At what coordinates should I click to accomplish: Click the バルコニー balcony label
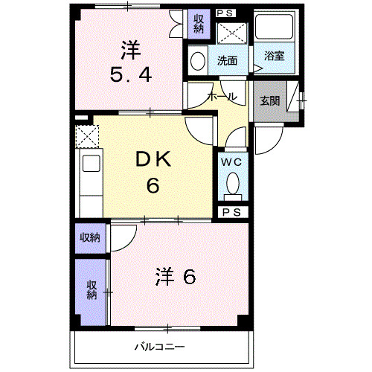[x=159, y=346]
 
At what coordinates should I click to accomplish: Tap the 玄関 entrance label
[x=270, y=101]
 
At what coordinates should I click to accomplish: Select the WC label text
[x=231, y=160]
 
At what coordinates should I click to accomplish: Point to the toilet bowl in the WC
[x=231, y=182]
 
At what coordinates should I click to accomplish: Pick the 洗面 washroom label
[x=228, y=60]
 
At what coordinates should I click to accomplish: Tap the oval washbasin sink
[x=197, y=61]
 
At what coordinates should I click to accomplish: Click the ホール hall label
[x=222, y=97]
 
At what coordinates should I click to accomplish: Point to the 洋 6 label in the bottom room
[x=176, y=277]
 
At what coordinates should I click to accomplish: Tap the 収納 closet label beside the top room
[x=198, y=24]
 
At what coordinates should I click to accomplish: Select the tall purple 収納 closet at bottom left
[x=92, y=290]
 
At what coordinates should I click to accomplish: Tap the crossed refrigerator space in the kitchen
[x=87, y=137]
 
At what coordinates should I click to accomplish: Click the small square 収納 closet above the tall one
[x=92, y=238]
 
